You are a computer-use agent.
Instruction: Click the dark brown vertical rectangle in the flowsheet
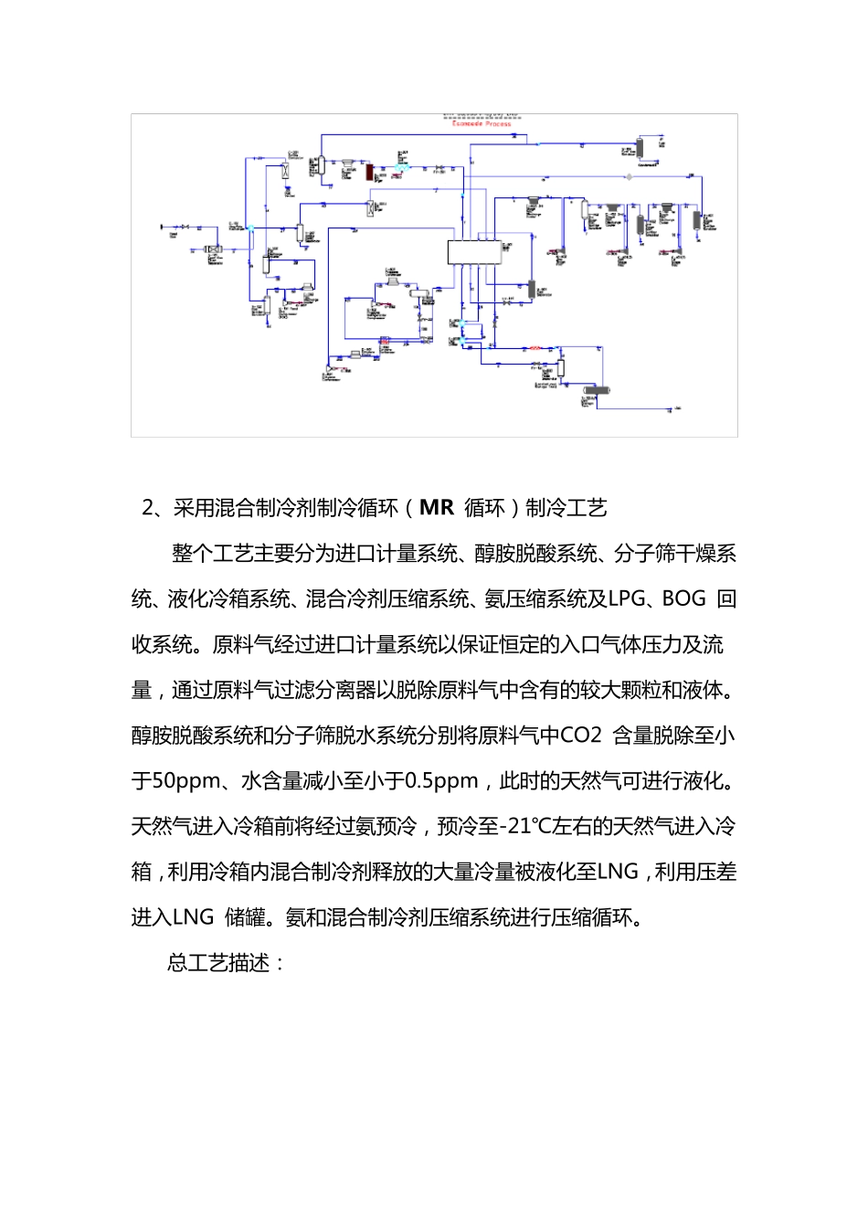tap(370, 171)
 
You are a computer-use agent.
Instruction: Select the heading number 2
tap(148, 508)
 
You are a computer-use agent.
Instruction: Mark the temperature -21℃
tap(524, 827)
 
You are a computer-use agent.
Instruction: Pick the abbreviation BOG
tap(683, 598)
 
